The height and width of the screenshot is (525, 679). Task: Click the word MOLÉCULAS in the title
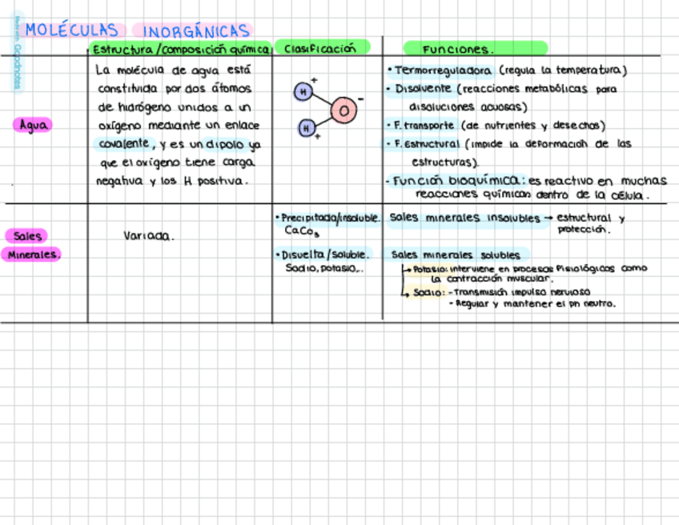pos(71,30)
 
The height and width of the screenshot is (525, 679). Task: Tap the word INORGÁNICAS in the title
pos(196,31)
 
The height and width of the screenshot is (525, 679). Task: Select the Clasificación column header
pos(320,48)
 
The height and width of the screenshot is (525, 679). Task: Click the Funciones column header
pos(459,49)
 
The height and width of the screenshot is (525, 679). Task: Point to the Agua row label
pos(33,125)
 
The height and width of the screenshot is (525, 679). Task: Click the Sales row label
pos(27,236)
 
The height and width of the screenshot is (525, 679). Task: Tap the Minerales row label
pos(33,254)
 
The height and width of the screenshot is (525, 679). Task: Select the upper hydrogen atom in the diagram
pos(303,92)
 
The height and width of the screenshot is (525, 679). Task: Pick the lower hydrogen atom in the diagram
pos(305,127)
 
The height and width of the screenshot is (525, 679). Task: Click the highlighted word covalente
pos(124,143)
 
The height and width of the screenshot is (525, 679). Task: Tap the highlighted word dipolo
pos(223,145)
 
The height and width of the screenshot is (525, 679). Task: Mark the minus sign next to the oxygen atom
pos(360,98)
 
